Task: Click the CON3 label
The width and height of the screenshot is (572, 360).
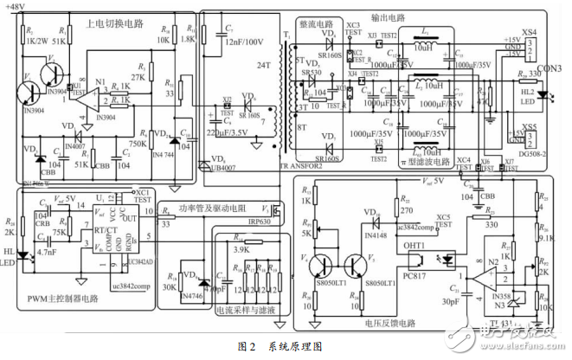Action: click(550, 68)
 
